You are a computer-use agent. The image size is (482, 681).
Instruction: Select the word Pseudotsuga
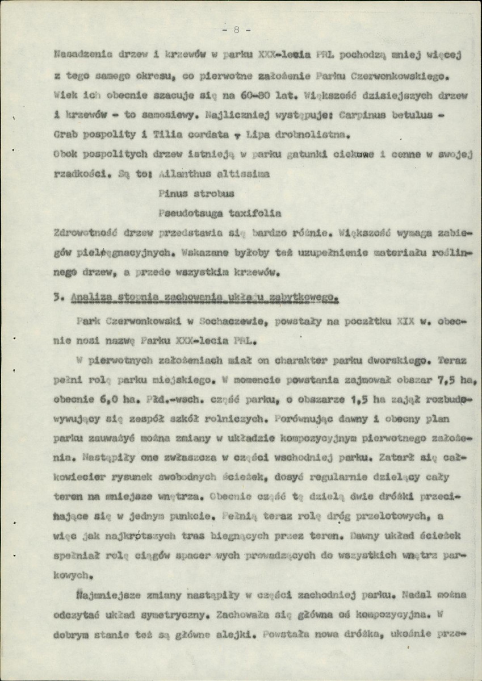tap(181, 214)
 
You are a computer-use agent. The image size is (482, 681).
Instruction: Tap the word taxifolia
tap(237, 214)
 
